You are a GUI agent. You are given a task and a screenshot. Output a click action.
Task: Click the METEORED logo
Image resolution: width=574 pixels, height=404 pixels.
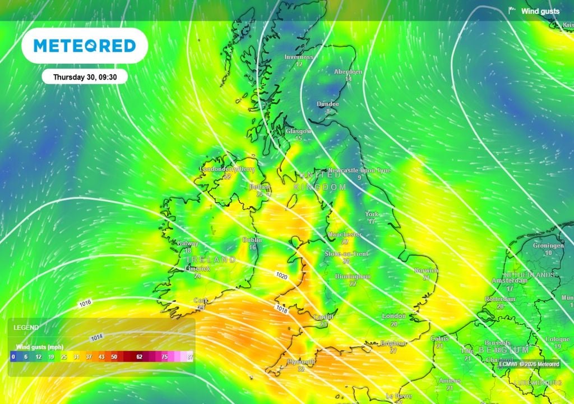(85, 45)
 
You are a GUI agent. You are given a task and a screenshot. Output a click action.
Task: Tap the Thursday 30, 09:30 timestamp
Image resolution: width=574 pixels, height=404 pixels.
(84, 77)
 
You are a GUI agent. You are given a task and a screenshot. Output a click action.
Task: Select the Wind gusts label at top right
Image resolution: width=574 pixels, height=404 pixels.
(540, 11)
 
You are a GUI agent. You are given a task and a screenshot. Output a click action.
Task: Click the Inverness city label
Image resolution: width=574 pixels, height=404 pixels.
(299, 57)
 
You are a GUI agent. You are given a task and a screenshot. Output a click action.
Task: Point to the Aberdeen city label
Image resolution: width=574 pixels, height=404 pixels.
(348, 72)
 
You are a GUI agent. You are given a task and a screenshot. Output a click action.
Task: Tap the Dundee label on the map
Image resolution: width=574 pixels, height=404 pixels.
(328, 104)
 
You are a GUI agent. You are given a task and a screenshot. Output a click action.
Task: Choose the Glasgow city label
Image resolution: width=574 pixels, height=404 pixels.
(298, 131)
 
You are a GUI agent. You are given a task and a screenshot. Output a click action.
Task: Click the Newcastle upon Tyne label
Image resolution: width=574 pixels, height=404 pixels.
(359, 170)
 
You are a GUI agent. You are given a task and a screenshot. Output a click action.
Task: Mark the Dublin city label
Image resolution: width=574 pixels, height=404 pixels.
(252, 240)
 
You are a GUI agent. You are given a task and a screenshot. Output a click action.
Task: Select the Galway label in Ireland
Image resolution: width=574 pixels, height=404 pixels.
(187, 244)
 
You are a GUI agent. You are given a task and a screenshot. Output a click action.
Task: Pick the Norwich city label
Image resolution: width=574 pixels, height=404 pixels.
(427, 270)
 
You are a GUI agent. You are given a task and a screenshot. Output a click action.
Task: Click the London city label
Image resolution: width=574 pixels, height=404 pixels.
(394, 316)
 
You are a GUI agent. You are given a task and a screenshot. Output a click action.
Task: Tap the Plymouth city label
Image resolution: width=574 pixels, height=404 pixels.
(301, 362)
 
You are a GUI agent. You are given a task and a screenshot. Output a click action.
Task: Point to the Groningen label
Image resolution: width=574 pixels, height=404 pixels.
(548, 246)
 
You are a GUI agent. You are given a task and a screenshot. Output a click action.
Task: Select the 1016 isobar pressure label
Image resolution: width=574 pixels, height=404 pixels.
(85, 303)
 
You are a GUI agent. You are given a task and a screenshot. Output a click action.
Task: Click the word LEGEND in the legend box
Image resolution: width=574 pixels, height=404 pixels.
(27, 327)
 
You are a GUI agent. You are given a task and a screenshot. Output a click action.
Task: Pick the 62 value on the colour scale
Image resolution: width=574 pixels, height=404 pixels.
(139, 357)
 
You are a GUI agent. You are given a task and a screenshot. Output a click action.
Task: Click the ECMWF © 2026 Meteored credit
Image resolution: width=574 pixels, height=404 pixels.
(529, 364)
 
